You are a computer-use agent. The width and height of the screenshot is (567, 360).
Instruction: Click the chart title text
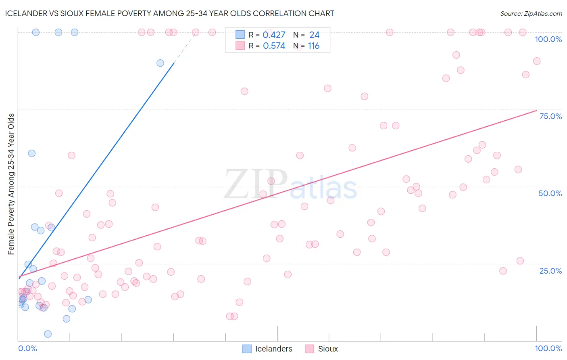[x=169, y=13]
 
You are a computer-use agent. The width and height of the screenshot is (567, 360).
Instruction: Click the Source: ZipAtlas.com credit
[x=531, y=13]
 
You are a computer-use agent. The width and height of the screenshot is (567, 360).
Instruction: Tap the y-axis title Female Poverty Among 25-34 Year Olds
[x=11, y=184]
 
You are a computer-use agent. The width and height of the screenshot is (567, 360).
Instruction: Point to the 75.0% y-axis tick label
[x=550, y=116]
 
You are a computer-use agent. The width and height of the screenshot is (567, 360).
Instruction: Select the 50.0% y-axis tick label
[x=550, y=193]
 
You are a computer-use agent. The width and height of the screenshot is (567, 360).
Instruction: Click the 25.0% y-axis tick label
[x=550, y=271]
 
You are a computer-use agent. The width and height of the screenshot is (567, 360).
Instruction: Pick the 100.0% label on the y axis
[x=548, y=39]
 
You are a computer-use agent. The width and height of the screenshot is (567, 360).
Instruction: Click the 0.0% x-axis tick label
[x=27, y=349]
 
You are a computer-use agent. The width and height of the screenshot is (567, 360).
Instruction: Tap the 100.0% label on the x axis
[x=548, y=349]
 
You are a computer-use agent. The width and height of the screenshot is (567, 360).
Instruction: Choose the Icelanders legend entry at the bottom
[x=268, y=349]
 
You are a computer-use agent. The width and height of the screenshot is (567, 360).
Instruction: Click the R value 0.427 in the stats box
[x=274, y=35]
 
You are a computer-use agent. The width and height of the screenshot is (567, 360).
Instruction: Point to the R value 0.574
[x=274, y=46]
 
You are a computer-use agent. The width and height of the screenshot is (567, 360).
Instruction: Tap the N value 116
[x=313, y=46]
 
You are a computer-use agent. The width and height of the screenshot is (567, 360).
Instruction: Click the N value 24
[x=314, y=35]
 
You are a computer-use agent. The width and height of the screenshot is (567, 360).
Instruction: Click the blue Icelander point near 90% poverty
[x=160, y=63]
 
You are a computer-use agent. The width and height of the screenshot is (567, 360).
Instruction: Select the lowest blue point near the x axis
[x=48, y=334]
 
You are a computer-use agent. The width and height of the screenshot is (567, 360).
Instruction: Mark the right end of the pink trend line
[x=536, y=110]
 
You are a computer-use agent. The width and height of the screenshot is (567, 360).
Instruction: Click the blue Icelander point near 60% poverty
[x=31, y=153]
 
